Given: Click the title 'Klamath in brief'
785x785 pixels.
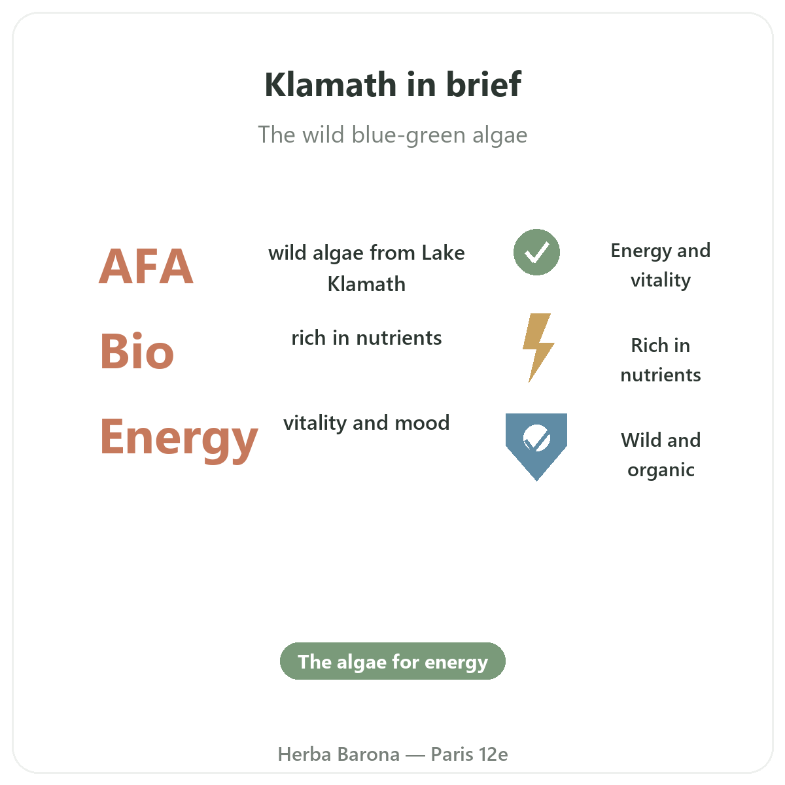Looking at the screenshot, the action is (392, 84).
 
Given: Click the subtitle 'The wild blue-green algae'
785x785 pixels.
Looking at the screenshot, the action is (392, 135).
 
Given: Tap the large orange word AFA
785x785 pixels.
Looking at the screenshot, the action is (146, 266).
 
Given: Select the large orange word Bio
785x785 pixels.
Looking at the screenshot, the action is (137, 351).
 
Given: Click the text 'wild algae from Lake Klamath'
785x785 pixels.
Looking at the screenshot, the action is (366, 268).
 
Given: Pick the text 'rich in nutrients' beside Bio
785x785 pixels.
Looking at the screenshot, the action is (366, 338).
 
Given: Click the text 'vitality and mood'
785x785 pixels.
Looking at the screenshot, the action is (366, 423).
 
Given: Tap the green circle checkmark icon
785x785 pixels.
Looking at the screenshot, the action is (536, 252).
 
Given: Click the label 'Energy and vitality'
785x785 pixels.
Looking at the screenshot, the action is (660, 266).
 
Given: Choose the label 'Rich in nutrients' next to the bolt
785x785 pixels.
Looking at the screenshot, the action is (660, 360).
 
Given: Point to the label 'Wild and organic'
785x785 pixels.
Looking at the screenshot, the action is (660, 455).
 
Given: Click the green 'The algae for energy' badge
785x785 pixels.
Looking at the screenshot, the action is (392, 661).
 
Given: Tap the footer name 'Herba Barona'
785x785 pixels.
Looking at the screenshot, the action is (338, 754).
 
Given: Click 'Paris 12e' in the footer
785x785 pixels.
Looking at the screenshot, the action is (469, 754).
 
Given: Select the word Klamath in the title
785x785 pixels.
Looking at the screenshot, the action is (330, 84).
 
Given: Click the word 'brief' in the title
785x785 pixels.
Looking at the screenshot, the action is (483, 84).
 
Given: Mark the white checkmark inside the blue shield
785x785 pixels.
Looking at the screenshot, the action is (536, 440).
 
